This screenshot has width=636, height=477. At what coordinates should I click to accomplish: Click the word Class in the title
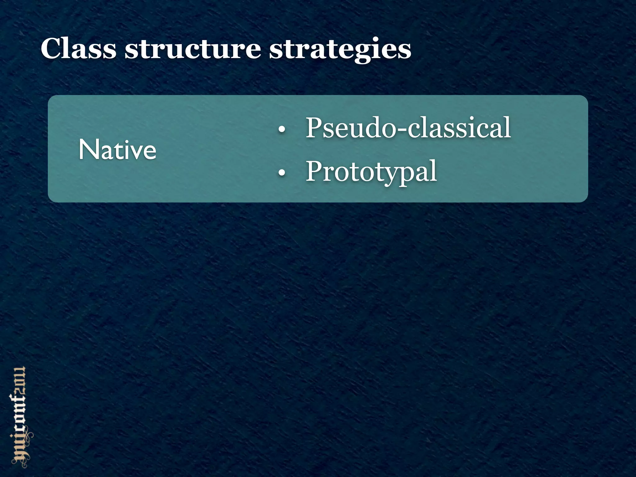point(79,49)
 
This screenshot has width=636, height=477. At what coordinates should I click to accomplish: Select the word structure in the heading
point(193,49)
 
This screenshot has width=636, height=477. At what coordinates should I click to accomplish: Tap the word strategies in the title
point(340,50)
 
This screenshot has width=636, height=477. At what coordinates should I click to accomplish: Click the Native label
point(117,150)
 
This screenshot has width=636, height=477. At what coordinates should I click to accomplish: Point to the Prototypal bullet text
point(371,171)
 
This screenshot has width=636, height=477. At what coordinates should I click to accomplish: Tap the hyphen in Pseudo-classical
point(401,130)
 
